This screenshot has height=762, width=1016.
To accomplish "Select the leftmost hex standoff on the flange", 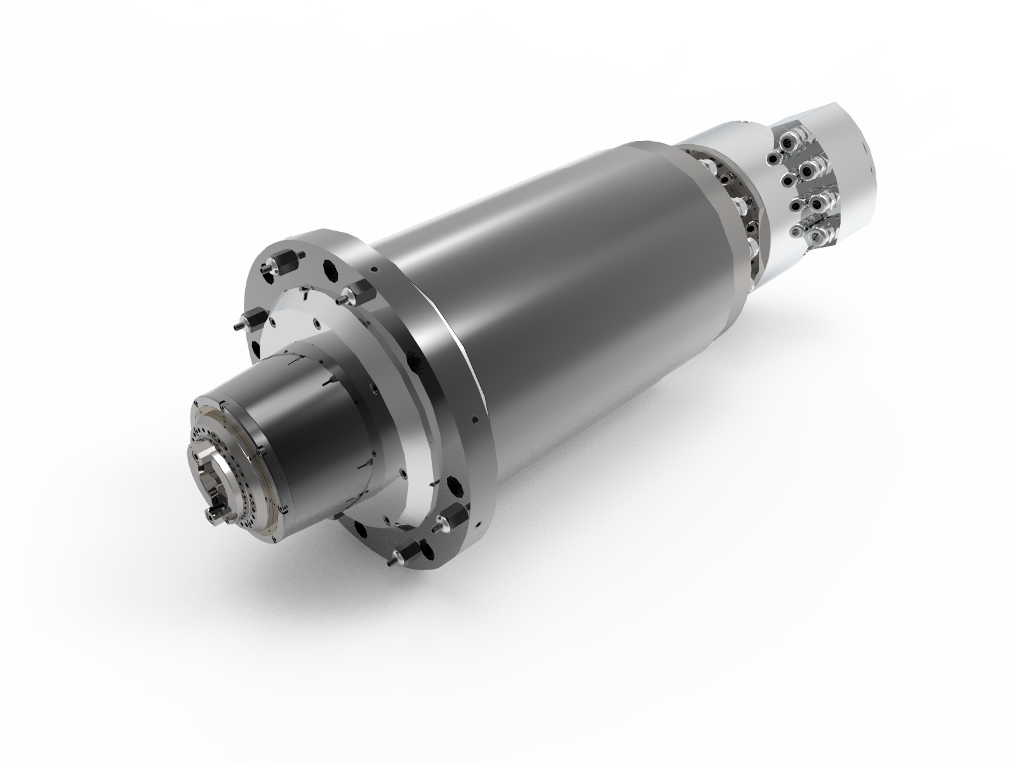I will [x=241, y=323].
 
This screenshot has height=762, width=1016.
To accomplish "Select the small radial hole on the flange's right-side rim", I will [x=475, y=418].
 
